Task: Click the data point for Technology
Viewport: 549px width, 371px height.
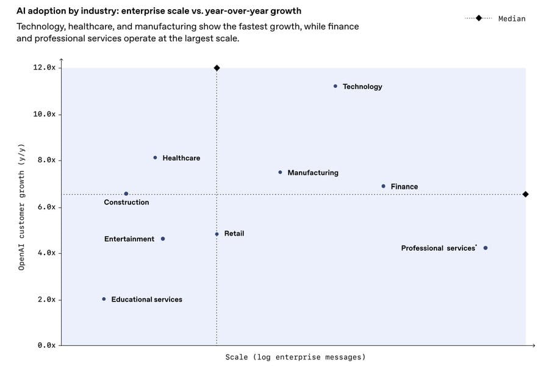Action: tap(335, 86)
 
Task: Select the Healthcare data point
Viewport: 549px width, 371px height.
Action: tap(155, 157)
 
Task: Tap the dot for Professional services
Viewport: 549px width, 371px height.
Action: tap(486, 248)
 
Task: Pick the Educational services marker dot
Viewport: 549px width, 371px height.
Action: tap(104, 299)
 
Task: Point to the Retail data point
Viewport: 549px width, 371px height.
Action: tap(217, 234)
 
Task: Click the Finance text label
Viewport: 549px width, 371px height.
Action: tap(404, 187)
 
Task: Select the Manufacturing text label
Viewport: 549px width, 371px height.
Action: tap(312, 173)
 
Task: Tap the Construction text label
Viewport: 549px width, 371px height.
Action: tap(126, 202)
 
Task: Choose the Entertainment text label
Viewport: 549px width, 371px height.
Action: tap(129, 239)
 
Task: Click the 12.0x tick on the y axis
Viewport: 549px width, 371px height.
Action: tap(44, 68)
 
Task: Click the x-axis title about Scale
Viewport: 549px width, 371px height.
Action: tap(295, 357)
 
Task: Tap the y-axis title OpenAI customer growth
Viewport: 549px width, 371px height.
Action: tap(21, 207)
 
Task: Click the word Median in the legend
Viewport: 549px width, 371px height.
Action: tap(511, 18)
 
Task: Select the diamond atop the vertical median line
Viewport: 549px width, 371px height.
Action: tap(217, 68)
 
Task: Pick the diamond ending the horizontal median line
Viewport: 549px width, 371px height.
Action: tap(525, 194)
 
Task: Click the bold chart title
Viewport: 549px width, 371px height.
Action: tap(159, 11)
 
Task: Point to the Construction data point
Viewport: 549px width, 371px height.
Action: tap(126, 193)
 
